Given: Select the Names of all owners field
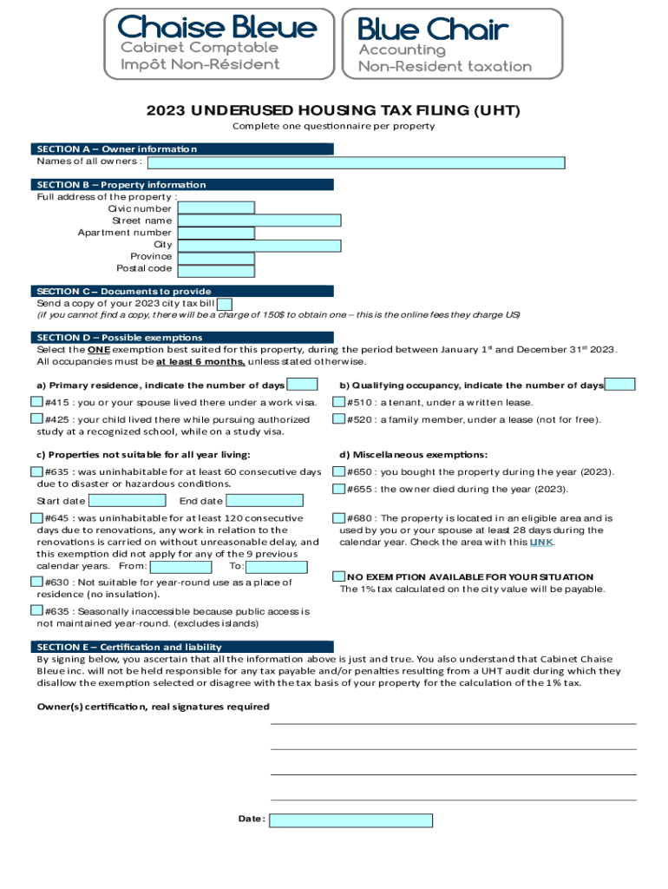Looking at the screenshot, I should (357, 162).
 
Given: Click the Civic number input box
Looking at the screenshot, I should (215, 208).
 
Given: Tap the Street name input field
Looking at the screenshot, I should (259, 221).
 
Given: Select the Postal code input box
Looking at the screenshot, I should (215, 270).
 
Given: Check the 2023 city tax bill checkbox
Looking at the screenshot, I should (224, 304).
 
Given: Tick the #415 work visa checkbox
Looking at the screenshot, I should (36, 402).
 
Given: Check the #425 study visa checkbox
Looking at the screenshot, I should (36, 419).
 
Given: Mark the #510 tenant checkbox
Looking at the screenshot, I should (339, 402).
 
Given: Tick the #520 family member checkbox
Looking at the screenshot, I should (339, 419).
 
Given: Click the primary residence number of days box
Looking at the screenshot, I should (302, 385).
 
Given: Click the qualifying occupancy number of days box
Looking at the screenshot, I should (619, 385).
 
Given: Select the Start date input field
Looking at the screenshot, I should (128, 501).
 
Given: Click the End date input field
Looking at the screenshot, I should (264, 501).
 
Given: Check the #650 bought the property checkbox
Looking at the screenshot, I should (339, 471).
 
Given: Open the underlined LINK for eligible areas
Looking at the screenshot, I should (540, 543).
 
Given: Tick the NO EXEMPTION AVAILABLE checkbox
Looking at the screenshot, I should (339, 576).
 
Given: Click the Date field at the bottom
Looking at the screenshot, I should (350, 820).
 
